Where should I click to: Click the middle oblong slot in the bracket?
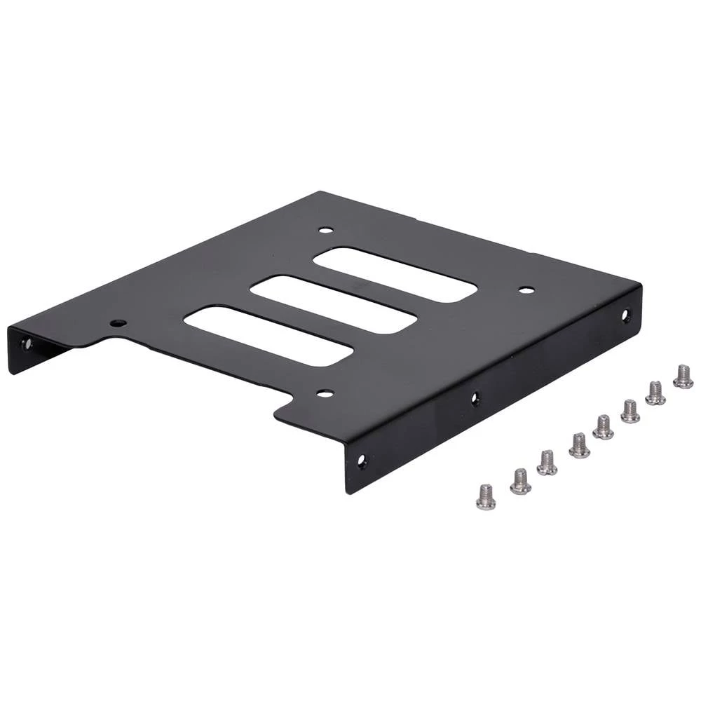click(x=334, y=304)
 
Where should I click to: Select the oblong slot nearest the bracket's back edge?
click(x=395, y=274)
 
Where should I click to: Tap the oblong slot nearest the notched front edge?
click(x=268, y=336)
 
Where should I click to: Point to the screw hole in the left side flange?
click(x=27, y=343)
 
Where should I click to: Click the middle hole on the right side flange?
click(x=475, y=398)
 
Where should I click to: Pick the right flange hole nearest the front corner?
click(x=362, y=461)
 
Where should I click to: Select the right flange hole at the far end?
click(x=626, y=315)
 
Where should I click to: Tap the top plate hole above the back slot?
click(x=325, y=229)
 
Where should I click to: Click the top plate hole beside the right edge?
click(x=526, y=290)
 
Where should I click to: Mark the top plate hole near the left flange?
click(x=118, y=323)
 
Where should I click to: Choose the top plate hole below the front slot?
click(x=325, y=393)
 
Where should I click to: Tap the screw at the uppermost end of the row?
click(x=683, y=376)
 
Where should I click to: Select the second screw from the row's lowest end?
click(x=520, y=482)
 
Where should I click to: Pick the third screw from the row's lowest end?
click(x=547, y=463)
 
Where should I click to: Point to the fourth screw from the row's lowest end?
click(x=579, y=445)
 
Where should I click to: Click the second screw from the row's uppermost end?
click(x=655, y=393)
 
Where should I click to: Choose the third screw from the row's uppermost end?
click(x=630, y=411)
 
